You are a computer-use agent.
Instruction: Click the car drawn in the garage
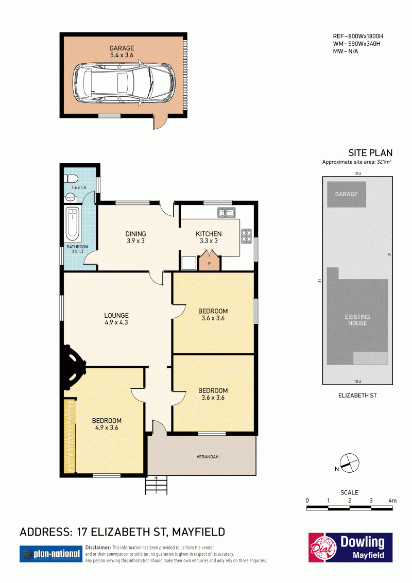[x=124, y=82]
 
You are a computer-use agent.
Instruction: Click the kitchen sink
[x=226, y=213]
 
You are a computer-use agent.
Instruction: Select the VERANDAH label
[x=208, y=457]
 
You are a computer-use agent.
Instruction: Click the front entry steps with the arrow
[x=156, y=485]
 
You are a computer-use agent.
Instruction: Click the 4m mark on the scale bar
[x=392, y=501]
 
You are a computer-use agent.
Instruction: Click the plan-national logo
[x=51, y=554]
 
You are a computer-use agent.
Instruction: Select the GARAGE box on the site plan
[x=347, y=194]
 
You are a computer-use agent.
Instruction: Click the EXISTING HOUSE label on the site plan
[x=357, y=320]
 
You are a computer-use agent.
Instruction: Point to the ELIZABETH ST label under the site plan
[x=357, y=395]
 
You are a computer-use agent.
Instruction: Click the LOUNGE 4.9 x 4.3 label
[x=116, y=319]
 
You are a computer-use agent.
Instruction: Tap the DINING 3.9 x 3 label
[x=135, y=237]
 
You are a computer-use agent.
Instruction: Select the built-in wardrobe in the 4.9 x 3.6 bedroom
[x=70, y=436]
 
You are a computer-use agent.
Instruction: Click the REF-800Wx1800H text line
[x=358, y=37]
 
